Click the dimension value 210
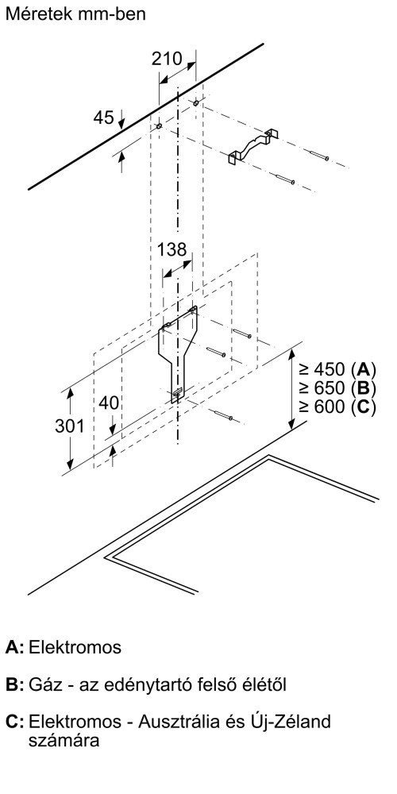[167, 59]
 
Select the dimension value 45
[103, 118]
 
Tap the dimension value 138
[172, 249]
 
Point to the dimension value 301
[70, 426]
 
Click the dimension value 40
[109, 403]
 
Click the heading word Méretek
[36, 13]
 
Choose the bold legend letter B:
[14, 686]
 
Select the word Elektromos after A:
[75, 648]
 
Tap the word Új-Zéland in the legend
[294, 722]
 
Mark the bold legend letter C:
[14, 722]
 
